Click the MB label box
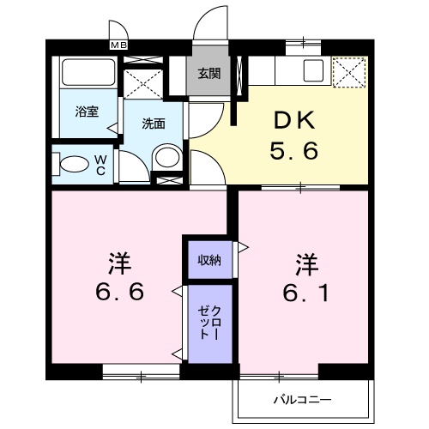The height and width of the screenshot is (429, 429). pyautogui.click(x=119, y=45)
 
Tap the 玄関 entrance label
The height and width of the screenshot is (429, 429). pyautogui.click(x=209, y=74)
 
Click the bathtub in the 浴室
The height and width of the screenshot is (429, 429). pyautogui.click(x=88, y=72)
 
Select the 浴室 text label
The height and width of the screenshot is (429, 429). pyautogui.click(x=87, y=112)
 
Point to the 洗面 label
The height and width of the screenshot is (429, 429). pyautogui.click(x=154, y=124)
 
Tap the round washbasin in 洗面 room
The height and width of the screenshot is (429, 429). pyautogui.click(x=168, y=157)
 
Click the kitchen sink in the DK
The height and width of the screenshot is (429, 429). pyautogui.click(x=313, y=70)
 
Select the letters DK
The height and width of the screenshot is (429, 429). pyautogui.click(x=294, y=120)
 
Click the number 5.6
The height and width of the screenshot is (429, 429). pyautogui.click(x=294, y=150)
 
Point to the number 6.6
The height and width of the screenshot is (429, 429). pyautogui.click(x=119, y=291)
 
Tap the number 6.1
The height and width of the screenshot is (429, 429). pyautogui.click(x=306, y=293)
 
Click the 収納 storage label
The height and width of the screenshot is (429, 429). pyautogui.click(x=209, y=260)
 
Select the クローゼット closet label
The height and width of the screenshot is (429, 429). pyautogui.click(x=209, y=323)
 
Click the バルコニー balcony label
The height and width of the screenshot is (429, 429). pyautogui.click(x=303, y=399)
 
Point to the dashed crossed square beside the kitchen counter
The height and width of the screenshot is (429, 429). pyautogui.click(x=349, y=72)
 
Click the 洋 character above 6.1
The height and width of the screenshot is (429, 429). pyautogui.click(x=306, y=265)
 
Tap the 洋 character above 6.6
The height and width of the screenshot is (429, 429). pyautogui.click(x=119, y=263)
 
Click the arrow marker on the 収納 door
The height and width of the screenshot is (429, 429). pyautogui.click(x=243, y=247)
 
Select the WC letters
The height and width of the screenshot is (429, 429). pyautogui.click(x=100, y=165)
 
